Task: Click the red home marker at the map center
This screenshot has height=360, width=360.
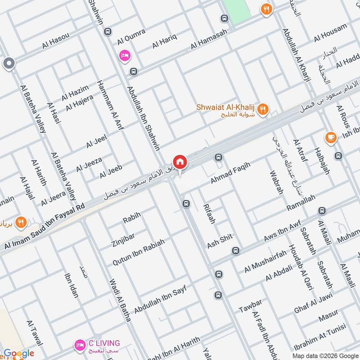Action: [180, 162]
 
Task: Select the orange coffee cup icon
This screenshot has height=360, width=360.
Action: [331, 137]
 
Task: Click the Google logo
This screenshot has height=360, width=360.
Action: [19, 354]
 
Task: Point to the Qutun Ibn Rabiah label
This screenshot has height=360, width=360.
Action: [138, 252]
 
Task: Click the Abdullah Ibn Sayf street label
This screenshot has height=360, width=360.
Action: [160, 297]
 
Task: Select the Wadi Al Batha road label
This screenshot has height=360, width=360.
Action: [120, 300]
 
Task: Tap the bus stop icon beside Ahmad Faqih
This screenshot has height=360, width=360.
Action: [219, 157]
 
